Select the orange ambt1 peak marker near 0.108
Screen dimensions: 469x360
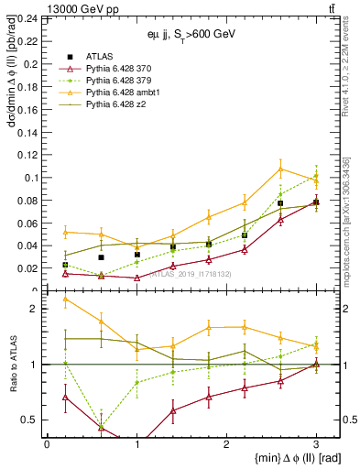280,169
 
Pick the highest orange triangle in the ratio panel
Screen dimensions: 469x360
65,299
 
